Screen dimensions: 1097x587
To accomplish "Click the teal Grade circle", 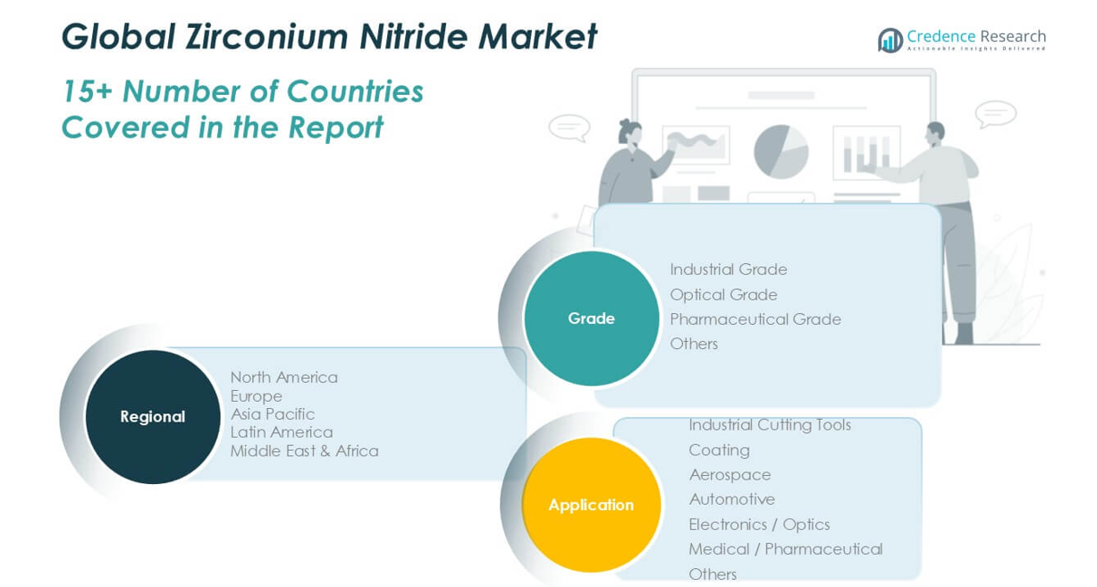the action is click(591, 319).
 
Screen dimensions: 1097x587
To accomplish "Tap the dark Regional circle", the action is click(153, 416).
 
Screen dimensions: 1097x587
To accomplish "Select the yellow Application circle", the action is click(591, 505).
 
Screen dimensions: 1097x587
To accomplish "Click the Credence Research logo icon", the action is click(890, 39).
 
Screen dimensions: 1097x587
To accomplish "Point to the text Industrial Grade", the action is click(729, 269).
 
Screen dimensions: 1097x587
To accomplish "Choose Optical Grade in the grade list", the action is click(723, 294).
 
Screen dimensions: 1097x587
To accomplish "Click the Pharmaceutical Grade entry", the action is click(755, 319).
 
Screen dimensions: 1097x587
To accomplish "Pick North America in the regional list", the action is click(284, 378).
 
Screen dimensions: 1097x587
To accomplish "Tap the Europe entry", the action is click(256, 396).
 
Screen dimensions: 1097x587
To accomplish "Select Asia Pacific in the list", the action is click(273, 414).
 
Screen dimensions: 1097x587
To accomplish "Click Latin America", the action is click(282, 432).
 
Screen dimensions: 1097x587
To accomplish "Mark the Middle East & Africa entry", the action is click(305, 451).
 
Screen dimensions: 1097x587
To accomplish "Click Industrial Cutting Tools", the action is click(770, 425).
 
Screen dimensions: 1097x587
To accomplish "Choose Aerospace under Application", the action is click(730, 475).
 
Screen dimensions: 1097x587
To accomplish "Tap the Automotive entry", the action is click(731, 499).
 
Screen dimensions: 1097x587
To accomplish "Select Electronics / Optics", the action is click(759, 524).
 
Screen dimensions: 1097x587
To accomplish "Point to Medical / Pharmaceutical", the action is click(786, 549).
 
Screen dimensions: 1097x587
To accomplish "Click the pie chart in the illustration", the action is click(781, 151).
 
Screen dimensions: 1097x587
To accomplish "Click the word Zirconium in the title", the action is click(266, 37).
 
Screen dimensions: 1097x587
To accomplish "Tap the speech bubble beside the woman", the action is click(570, 128).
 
